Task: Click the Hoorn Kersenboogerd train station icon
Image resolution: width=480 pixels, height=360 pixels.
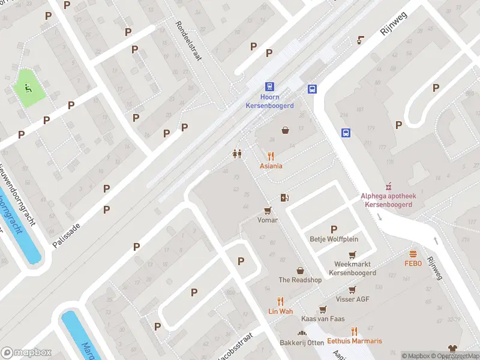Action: [269, 87]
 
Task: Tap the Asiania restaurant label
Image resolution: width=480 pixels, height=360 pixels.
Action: [271, 166]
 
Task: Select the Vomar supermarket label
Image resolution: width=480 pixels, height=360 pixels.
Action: [268, 220]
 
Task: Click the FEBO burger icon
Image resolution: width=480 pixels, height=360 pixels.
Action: [413, 254]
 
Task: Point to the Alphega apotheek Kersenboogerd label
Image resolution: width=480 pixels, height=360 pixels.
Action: [388, 200]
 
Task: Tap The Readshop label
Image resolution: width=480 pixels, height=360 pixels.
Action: [300, 280]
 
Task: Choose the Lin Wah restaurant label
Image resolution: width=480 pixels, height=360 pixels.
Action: [280, 311]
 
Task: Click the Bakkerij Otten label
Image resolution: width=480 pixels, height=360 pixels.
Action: [301, 343]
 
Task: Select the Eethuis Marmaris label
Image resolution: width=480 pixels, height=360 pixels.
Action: [355, 341]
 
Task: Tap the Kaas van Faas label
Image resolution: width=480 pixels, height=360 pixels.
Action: [323, 319]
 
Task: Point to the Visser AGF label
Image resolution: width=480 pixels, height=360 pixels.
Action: [353, 299]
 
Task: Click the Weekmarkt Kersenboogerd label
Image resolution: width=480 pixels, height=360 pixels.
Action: [352, 268]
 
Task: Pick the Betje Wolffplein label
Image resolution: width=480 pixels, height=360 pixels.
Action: [334, 238]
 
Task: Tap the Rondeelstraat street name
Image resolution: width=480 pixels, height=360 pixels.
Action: [189, 41]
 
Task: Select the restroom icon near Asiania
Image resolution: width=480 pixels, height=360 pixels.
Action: [237, 154]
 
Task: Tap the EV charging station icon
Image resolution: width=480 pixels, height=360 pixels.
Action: [284, 197]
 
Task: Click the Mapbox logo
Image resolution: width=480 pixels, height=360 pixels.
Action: [26, 353]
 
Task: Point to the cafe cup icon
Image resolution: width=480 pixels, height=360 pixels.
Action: [360, 40]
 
